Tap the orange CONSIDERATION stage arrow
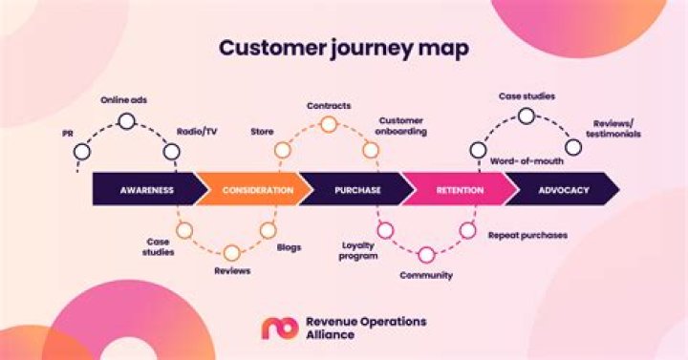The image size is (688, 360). click(256, 190)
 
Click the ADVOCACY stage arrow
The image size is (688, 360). click(562, 190)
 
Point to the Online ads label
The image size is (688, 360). click(125, 99)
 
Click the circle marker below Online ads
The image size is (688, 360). click(126, 120)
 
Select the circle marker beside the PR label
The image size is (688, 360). click(82, 151)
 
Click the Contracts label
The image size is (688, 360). click(328, 104)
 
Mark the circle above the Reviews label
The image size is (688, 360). click(231, 253)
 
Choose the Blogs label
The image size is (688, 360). click(289, 246)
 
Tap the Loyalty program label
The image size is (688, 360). click(358, 250)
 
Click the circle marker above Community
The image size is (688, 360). click(426, 253)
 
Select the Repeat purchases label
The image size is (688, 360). click(527, 234)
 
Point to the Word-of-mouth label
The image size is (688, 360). click(524, 162)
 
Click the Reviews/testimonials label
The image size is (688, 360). click(616, 128)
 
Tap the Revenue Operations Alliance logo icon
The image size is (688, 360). click(280, 328)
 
